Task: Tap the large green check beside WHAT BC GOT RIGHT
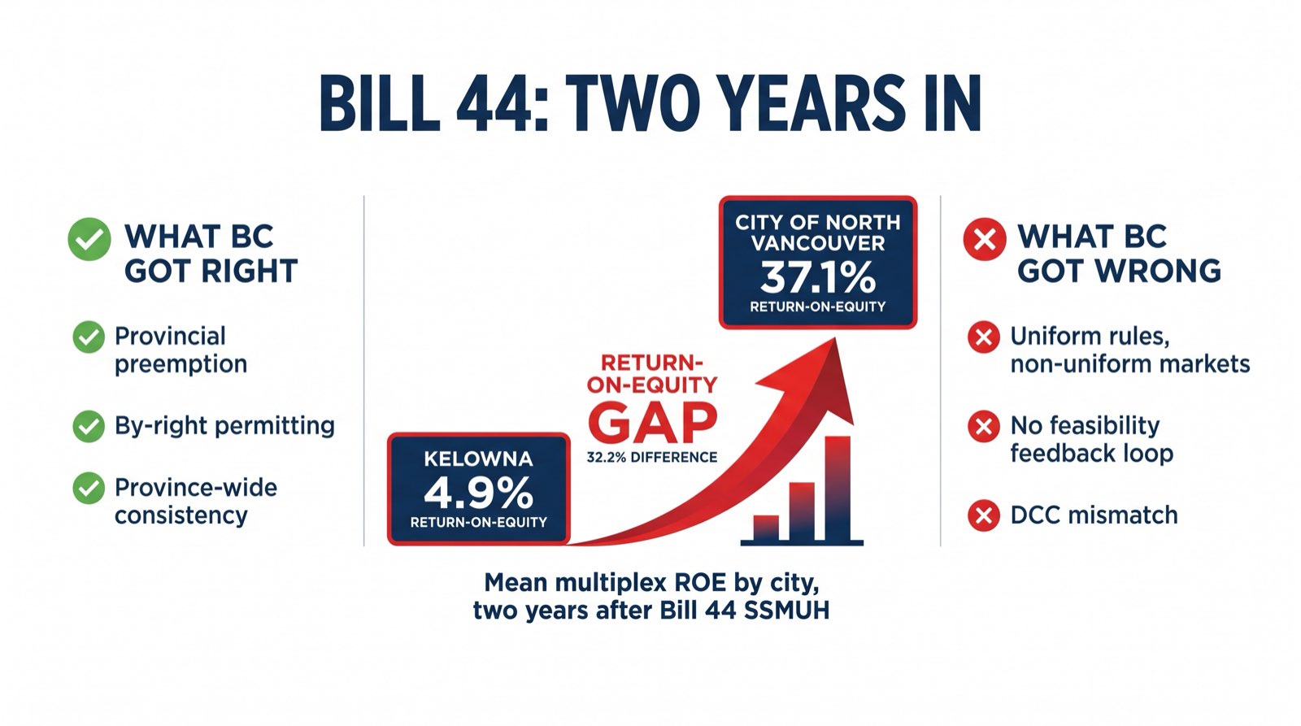89,240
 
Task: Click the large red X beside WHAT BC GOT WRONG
984,240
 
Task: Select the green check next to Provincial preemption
89,337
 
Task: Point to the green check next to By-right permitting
89,426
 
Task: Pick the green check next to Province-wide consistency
89,489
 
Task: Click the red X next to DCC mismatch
984,515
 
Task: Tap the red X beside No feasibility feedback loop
984,426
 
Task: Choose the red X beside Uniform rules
984,337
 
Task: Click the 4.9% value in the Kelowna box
478,492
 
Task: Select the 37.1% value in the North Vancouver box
817,277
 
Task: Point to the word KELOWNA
478,459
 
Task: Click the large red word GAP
652,423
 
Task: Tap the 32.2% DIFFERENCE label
652,458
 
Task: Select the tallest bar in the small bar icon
838,488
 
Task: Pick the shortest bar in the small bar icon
766,528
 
